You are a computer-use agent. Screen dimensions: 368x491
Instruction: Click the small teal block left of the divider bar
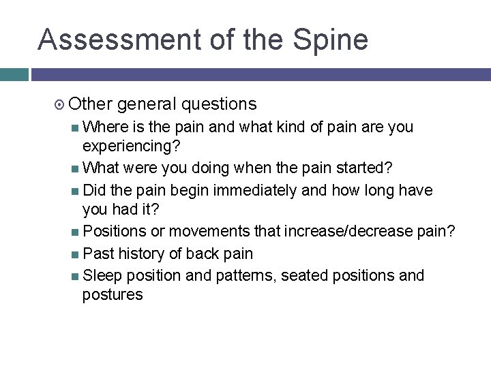coord(14,74)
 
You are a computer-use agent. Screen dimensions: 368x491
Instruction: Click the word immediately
coord(256,190)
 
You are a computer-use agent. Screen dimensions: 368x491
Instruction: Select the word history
coord(143,254)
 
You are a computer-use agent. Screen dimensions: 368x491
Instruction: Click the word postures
coord(113,294)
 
